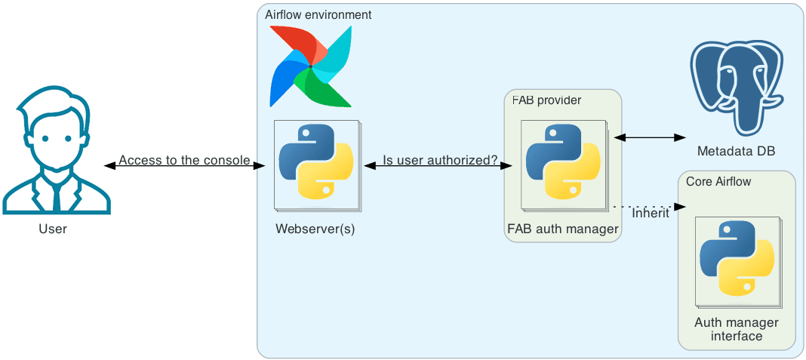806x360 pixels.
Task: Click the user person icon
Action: point(57,151)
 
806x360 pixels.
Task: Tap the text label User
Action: point(53,229)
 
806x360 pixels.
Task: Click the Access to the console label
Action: point(184,160)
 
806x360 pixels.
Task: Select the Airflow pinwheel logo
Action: point(310,66)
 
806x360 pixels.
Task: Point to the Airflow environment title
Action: point(318,15)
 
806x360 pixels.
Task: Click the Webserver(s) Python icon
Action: point(316,161)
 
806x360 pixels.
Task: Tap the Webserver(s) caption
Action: point(315,229)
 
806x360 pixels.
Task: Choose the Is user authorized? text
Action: point(440,160)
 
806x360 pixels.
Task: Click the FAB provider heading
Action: point(546,100)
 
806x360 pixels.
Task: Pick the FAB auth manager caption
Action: point(563,229)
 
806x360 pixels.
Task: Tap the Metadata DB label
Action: point(736,152)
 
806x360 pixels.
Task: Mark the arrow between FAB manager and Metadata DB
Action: point(649,137)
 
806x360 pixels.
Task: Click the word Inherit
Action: point(651,214)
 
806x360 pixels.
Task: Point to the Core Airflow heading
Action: point(718,182)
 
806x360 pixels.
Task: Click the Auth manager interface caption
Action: point(737,329)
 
